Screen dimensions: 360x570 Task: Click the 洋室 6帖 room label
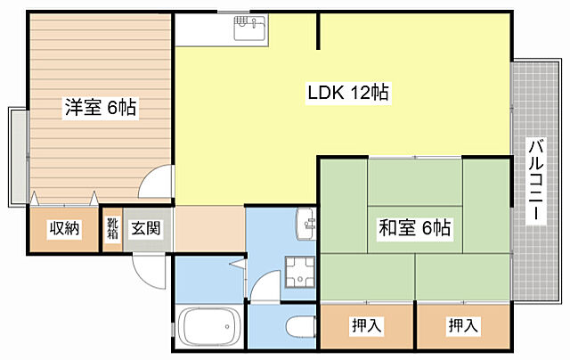[100, 109]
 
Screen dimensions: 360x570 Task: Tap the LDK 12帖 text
[347, 93]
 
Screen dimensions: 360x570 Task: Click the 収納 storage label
[64, 229]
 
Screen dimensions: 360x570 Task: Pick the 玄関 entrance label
[145, 229]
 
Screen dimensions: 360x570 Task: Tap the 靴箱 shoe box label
[113, 229]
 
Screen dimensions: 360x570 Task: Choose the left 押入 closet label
[366, 326]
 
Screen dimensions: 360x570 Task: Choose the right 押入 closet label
[462, 326]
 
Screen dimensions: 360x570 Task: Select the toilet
[300, 326]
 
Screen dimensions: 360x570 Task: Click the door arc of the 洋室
[157, 184]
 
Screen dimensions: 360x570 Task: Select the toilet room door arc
[265, 287]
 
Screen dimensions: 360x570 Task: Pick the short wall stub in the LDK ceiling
[318, 31]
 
